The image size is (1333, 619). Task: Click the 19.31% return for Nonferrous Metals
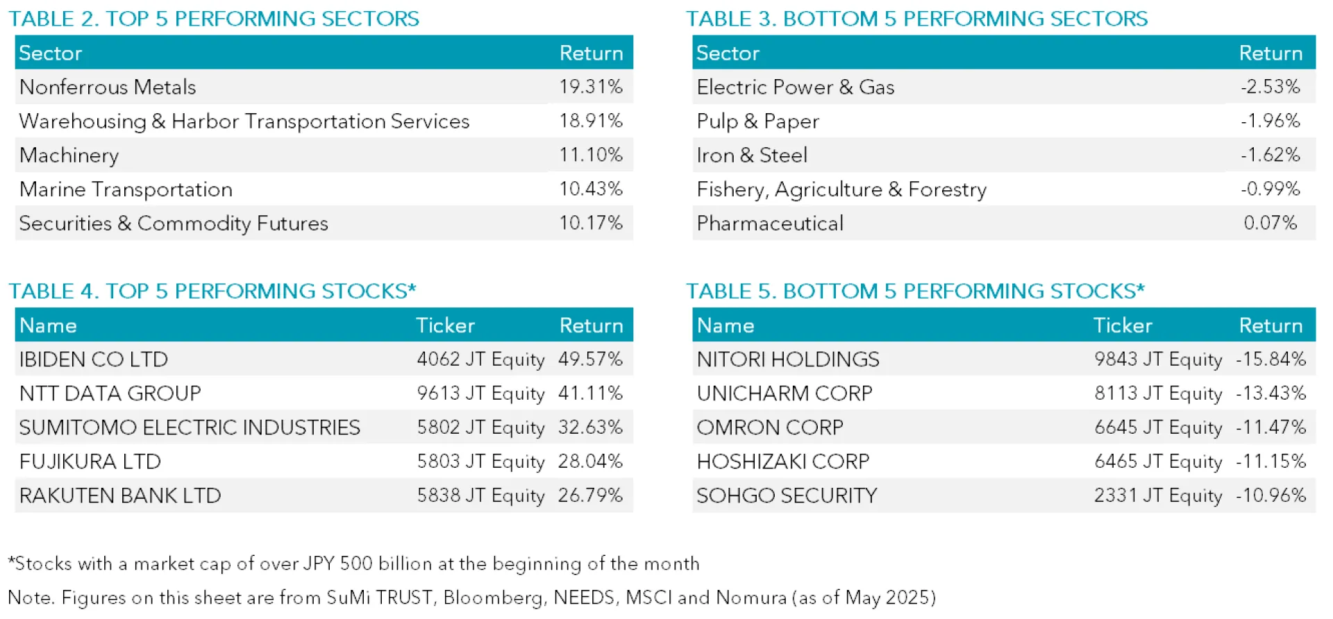tap(591, 87)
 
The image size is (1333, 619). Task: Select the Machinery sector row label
tap(69, 155)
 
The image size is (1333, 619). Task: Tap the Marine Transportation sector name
tap(126, 189)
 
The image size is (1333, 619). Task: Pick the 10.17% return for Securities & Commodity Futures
tap(591, 223)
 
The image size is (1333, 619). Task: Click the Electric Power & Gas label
tap(795, 87)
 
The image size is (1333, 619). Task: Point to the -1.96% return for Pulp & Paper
tap(1270, 121)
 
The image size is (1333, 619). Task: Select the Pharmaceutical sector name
tap(770, 223)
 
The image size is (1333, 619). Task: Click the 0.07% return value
tap(1270, 223)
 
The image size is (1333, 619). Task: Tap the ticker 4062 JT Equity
tap(480, 359)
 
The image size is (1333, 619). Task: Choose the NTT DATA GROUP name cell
tap(110, 393)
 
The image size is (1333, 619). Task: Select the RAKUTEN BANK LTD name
tap(120, 495)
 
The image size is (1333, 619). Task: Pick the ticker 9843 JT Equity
tap(1158, 359)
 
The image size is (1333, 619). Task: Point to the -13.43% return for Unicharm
tap(1271, 393)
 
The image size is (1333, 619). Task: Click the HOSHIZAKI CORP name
tap(783, 461)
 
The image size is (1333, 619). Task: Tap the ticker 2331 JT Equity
tap(1158, 495)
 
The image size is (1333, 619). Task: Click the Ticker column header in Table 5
tap(1123, 325)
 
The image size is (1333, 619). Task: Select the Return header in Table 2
tap(591, 53)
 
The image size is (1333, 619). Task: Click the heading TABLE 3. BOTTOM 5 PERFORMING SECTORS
tap(916, 19)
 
